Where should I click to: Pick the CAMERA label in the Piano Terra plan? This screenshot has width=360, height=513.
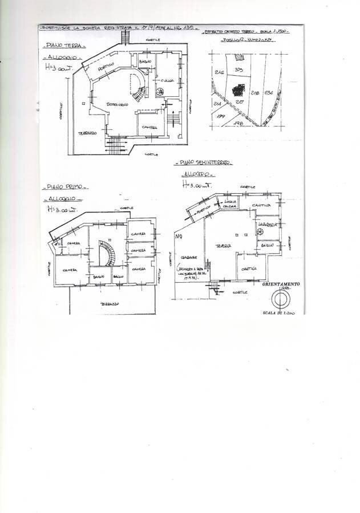click(149, 127)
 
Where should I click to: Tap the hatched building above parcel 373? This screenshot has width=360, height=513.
click(240, 57)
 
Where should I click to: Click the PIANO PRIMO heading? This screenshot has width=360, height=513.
click(62, 186)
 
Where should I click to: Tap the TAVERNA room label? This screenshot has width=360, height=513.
click(222, 246)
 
